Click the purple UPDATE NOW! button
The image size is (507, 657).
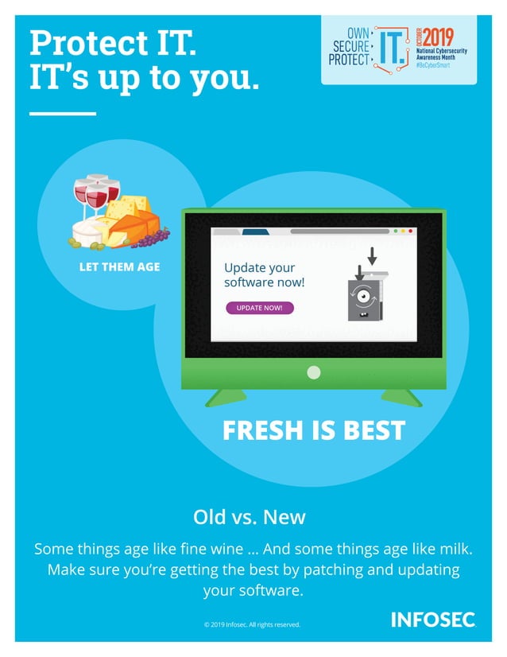(259, 308)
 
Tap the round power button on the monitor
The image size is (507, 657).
(314, 371)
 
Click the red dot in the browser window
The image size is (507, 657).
(411, 231)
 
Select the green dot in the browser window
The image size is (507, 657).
(395, 231)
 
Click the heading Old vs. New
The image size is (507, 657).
(250, 517)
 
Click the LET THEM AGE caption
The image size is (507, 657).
(119, 266)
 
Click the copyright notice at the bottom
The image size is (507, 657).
(252, 624)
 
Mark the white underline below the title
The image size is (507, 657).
(62, 114)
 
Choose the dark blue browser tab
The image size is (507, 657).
(255, 232)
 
